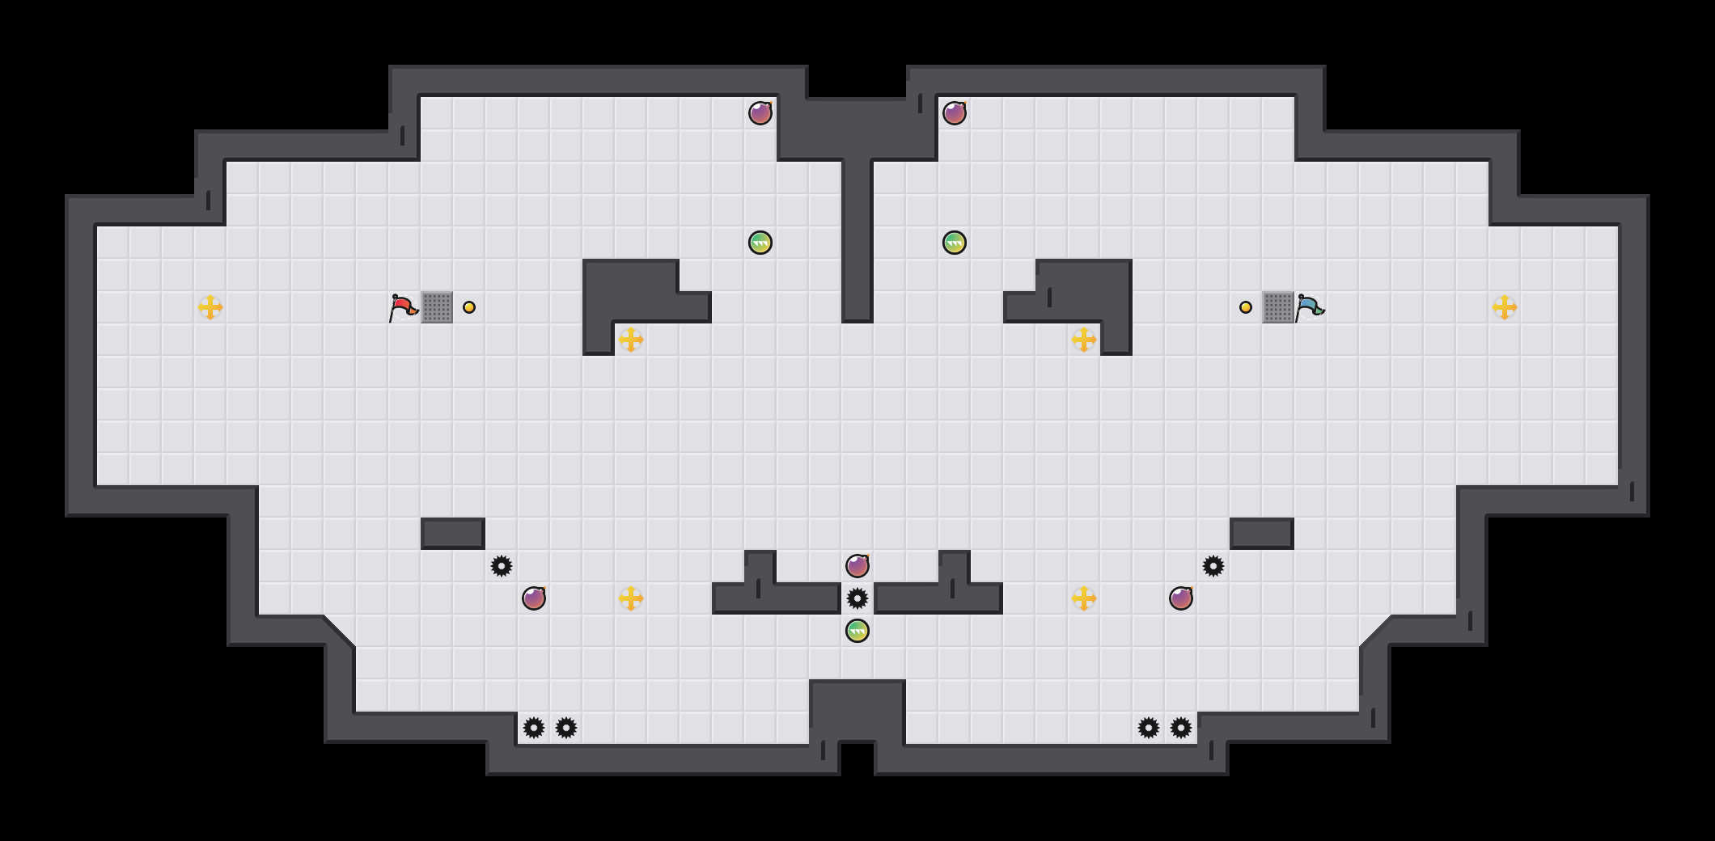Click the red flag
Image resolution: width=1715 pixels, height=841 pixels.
[x=402, y=307]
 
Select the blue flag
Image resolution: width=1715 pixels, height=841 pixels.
[x=1308, y=307]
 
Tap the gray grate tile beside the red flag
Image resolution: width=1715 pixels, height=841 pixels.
[x=437, y=307]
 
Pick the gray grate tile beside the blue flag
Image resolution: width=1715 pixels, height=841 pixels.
[x=1278, y=307]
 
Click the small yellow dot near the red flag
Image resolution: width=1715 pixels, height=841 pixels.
[x=469, y=307]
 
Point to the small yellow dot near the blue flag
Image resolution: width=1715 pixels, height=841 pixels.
[x=1246, y=307]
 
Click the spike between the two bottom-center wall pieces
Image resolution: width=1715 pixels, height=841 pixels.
[x=857, y=598]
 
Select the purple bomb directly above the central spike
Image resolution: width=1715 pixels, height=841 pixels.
[x=857, y=566]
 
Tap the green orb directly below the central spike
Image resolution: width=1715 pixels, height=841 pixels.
[x=857, y=631]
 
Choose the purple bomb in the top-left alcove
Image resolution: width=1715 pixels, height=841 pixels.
[x=760, y=113]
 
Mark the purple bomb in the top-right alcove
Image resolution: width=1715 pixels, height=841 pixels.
[x=955, y=113]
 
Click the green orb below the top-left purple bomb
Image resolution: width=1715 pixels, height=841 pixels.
[x=760, y=243]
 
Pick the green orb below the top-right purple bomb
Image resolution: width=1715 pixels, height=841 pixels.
[x=955, y=243]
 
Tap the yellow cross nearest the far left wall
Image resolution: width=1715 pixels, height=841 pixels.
[x=210, y=307]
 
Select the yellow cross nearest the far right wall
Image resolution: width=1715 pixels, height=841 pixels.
[x=1505, y=307]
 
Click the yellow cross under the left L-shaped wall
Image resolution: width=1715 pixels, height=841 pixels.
[x=631, y=340]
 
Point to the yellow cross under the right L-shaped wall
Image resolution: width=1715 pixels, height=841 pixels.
[x=1084, y=340]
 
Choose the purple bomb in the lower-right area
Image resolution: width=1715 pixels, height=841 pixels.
[x=1181, y=598]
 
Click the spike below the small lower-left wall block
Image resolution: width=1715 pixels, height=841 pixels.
[x=502, y=566]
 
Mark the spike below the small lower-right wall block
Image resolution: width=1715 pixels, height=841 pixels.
[x=1213, y=566]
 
